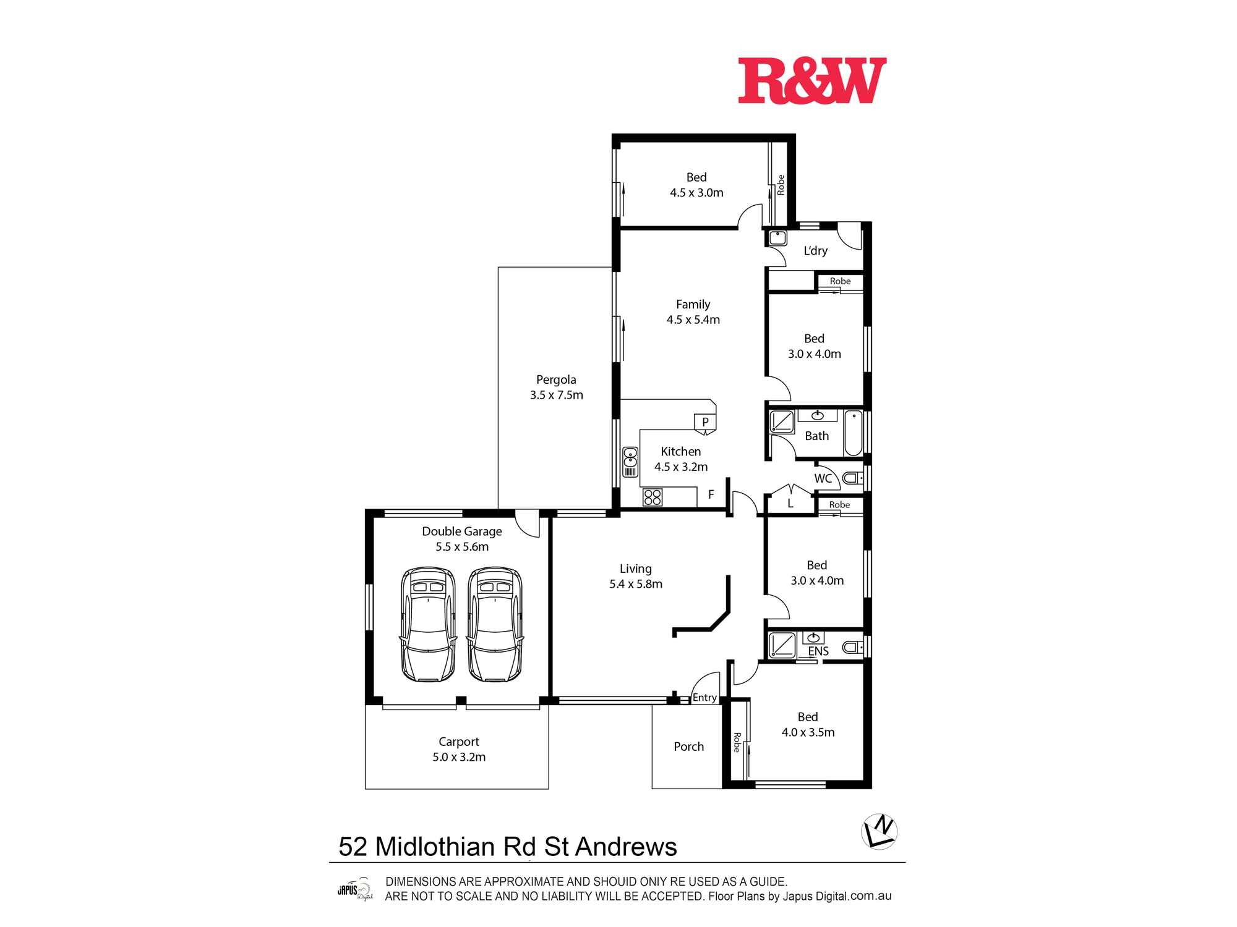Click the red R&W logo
(811, 81)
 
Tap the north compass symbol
(880, 832)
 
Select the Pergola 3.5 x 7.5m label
(556, 387)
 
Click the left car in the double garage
(429, 624)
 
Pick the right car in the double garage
(495, 624)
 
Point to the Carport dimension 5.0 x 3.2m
(459, 757)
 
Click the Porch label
(688, 747)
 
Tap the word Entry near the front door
(704, 698)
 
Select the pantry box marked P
(705, 423)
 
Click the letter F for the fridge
(711, 494)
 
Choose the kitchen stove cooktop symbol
(653, 497)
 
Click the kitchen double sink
(630, 462)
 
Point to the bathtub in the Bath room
(854, 433)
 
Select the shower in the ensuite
(782, 646)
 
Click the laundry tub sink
(777, 237)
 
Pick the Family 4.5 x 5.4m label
(693, 312)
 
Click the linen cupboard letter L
(790, 504)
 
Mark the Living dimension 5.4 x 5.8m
(636, 584)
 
